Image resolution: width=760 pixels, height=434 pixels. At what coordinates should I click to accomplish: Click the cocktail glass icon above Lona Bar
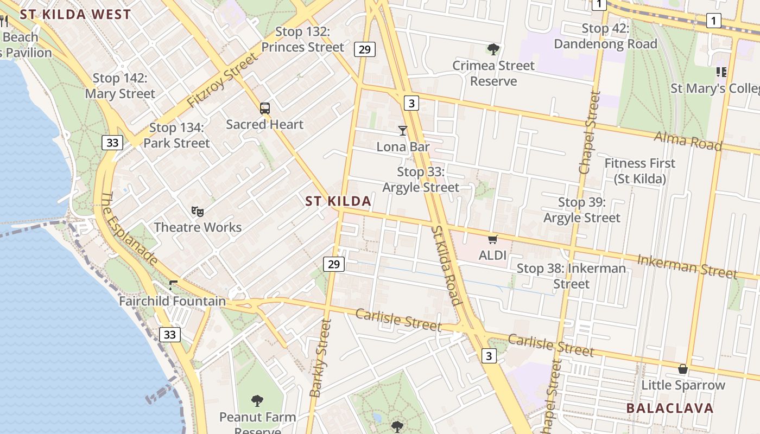(402, 131)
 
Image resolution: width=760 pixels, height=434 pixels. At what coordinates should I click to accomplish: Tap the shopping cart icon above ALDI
(492, 239)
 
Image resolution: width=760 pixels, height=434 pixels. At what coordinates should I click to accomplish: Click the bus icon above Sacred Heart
(264, 108)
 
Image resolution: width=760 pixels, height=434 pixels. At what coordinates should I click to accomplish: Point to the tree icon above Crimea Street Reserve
(493, 50)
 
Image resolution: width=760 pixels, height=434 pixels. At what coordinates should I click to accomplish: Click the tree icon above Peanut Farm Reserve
(257, 401)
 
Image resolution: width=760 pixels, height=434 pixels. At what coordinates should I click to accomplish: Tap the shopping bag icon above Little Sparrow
(683, 369)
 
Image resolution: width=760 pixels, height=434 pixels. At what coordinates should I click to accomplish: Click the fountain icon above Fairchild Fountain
(173, 285)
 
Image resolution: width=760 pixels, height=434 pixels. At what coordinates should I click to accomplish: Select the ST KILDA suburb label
(338, 201)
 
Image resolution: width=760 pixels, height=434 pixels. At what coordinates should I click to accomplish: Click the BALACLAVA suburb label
(669, 408)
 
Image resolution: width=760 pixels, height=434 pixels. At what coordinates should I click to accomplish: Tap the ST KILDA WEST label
(75, 15)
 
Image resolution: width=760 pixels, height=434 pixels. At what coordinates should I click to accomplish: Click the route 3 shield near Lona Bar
(411, 103)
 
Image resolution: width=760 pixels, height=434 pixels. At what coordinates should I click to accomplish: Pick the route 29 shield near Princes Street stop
(364, 49)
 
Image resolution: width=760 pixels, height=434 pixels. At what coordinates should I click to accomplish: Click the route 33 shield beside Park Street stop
(112, 143)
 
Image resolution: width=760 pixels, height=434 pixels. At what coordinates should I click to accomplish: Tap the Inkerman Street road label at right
(687, 266)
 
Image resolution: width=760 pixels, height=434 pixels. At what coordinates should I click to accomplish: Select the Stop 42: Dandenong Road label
(605, 36)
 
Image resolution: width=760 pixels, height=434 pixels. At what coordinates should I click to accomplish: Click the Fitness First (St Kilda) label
(639, 171)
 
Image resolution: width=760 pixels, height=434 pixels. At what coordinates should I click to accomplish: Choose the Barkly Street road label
(320, 358)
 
